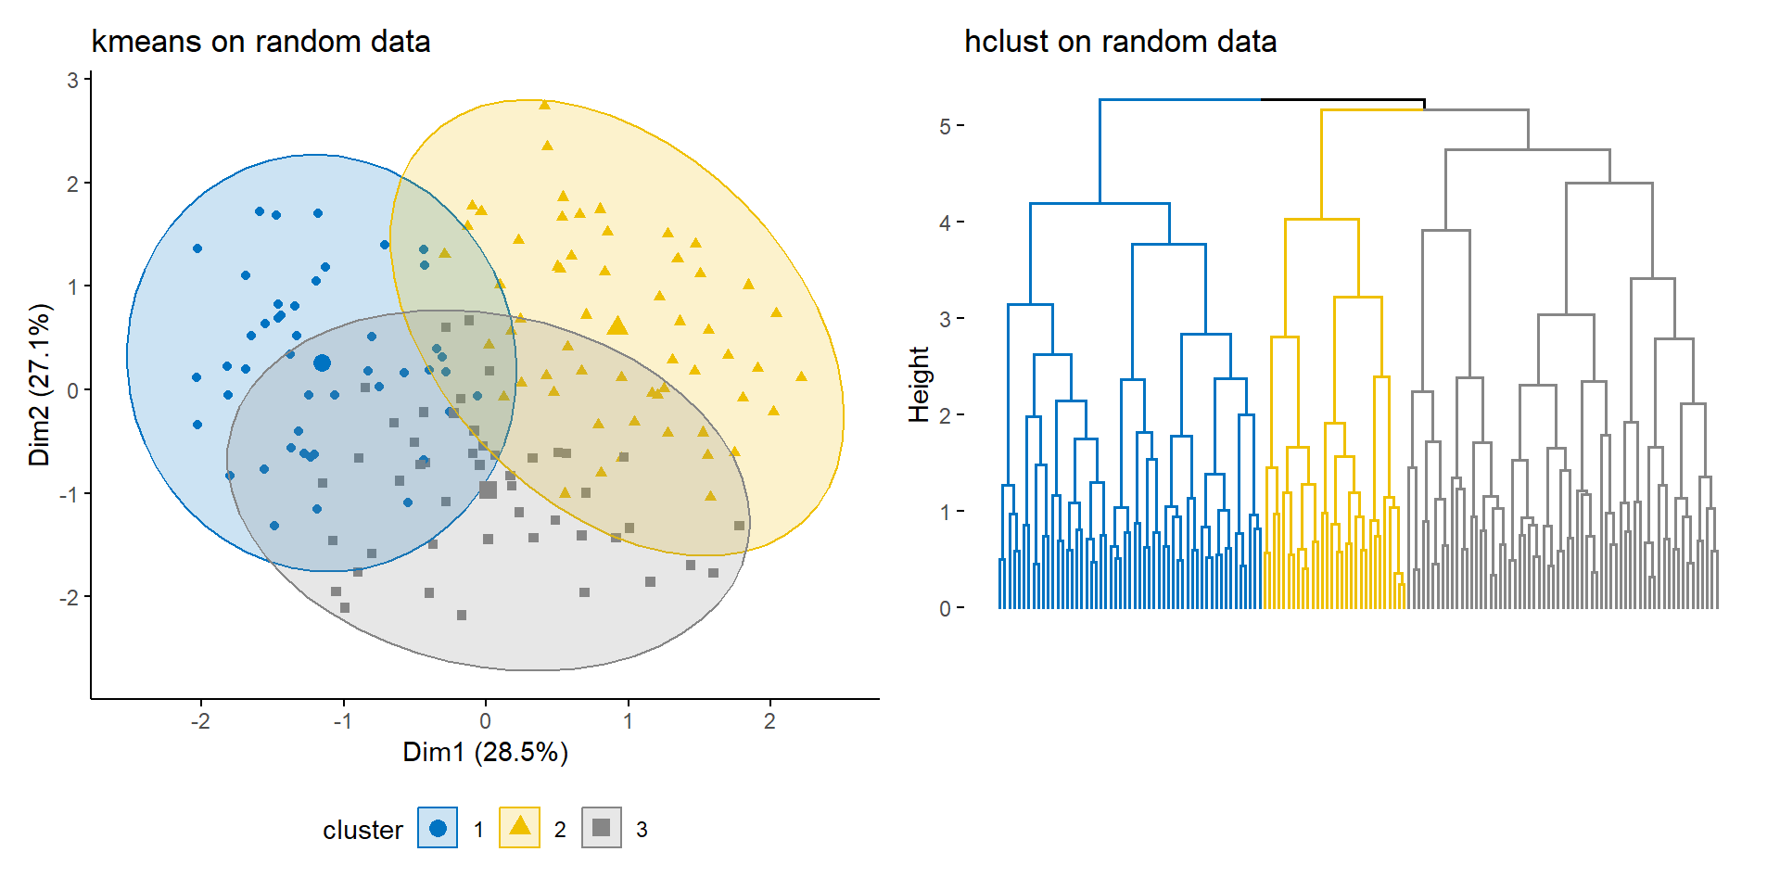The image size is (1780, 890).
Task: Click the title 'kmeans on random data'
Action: point(261,42)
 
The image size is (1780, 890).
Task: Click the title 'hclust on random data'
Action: point(1120,42)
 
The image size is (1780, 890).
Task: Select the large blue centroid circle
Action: point(322,362)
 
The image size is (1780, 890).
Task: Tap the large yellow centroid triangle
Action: point(617,325)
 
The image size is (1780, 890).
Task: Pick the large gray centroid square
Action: point(489,489)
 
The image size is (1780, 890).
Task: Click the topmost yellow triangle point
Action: point(544,105)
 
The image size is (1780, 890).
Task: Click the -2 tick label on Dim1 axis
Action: point(200,721)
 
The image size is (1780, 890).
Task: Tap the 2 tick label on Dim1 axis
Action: point(769,721)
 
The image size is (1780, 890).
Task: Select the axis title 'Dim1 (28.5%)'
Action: point(485,752)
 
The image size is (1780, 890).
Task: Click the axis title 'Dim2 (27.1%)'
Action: point(39,385)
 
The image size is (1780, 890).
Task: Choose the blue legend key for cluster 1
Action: point(438,828)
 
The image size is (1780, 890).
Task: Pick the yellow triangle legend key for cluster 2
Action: point(519,827)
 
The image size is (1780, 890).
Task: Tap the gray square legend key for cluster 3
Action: point(601,828)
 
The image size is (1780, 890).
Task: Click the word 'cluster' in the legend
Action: point(362,830)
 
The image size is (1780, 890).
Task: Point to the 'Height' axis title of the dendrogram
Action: point(919,384)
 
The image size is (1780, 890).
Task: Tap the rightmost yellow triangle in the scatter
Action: point(801,376)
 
